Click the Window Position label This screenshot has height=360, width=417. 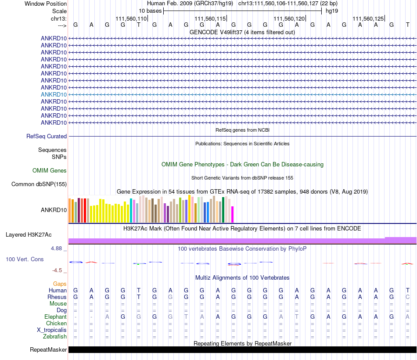click(46, 4)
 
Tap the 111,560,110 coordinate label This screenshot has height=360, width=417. click(131, 18)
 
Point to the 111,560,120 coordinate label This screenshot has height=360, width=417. click(289, 18)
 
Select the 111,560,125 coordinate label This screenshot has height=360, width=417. click(368, 18)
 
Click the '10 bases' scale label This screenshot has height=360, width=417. click(150, 11)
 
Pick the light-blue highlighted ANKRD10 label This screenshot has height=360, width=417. click(54, 94)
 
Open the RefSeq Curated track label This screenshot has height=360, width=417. click(47, 136)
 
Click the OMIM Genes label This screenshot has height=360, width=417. click(50, 170)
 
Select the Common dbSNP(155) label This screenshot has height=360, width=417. click(39, 184)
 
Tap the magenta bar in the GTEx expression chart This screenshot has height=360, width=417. click(233, 214)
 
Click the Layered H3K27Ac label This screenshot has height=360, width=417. click(29, 235)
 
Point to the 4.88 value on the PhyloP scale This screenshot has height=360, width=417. click(56, 248)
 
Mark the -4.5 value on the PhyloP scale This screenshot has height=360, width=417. click(57, 270)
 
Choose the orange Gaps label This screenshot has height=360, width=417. click(60, 284)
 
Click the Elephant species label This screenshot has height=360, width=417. click(55, 317)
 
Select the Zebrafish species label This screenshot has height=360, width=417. click(55, 337)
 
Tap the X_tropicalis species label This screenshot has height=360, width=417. click(52, 330)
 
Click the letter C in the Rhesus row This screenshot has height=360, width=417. click(407, 297)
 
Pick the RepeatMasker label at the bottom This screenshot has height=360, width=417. click(48, 349)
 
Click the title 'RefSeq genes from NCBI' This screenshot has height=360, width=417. click(242, 130)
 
